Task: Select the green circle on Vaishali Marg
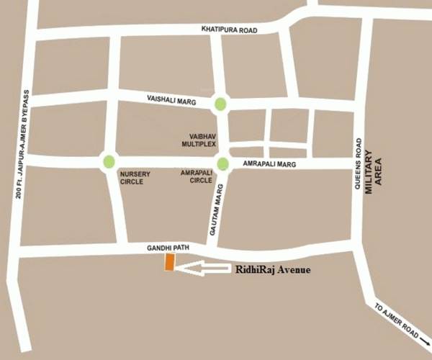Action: (x=220, y=104)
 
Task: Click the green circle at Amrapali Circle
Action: (x=222, y=164)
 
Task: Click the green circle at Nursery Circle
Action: (x=109, y=161)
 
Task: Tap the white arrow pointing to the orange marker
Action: (x=202, y=268)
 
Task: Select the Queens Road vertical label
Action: (x=358, y=163)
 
